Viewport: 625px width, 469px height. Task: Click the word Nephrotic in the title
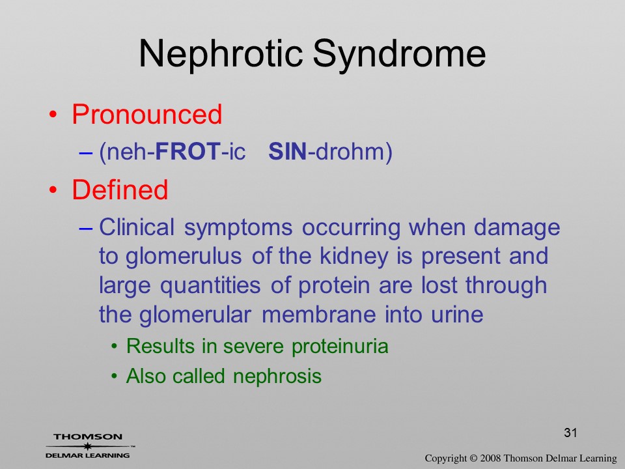click(221, 54)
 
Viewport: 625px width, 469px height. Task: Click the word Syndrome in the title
click(399, 54)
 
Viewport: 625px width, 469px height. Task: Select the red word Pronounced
click(146, 115)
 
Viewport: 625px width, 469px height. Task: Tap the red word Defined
click(120, 189)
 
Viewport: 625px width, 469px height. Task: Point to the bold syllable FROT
click(187, 152)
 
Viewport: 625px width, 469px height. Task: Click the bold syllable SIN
click(287, 152)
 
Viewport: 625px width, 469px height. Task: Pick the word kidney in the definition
click(354, 257)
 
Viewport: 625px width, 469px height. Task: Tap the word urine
click(457, 315)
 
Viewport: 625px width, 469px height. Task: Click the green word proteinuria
click(340, 346)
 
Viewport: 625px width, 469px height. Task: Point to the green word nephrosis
click(277, 377)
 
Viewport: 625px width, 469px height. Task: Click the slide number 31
click(570, 433)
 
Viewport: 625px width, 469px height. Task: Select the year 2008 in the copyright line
click(490, 458)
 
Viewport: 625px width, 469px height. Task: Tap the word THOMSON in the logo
click(88, 436)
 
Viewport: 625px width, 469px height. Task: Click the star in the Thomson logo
click(87, 446)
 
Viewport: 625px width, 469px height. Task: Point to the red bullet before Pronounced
click(53, 115)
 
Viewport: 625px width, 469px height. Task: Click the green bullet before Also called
click(115, 377)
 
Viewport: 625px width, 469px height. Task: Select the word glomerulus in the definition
click(184, 257)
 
